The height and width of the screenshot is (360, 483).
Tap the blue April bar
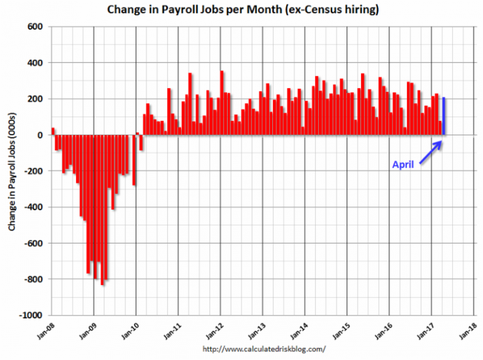pyautogui.click(x=444, y=116)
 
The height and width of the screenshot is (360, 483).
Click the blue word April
pyautogui.click(x=403, y=165)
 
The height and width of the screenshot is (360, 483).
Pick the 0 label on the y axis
pyautogui.click(x=38, y=135)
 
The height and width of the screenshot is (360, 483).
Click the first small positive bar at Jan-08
pyautogui.click(x=53, y=132)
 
